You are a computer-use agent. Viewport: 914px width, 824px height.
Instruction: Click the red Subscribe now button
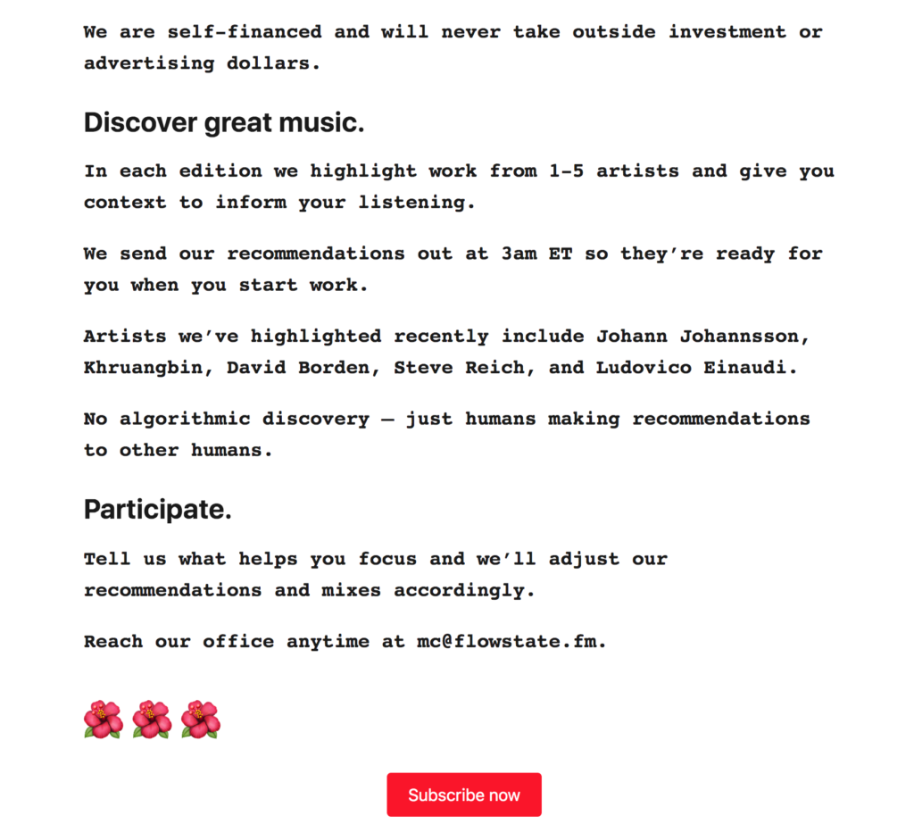[463, 795]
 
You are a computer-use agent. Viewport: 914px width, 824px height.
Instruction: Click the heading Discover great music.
[224, 123]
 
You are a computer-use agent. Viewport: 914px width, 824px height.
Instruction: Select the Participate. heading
[158, 510]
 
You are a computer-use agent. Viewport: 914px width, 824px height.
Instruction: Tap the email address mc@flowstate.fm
[511, 641]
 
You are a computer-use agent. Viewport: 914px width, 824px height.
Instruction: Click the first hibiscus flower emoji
[104, 720]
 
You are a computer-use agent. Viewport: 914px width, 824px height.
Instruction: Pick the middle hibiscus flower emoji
[152, 720]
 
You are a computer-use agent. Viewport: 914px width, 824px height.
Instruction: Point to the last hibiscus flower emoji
[200, 720]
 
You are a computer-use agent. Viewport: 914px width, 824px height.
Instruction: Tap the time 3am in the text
[519, 254]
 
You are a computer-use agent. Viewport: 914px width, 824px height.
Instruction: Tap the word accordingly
[464, 590]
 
